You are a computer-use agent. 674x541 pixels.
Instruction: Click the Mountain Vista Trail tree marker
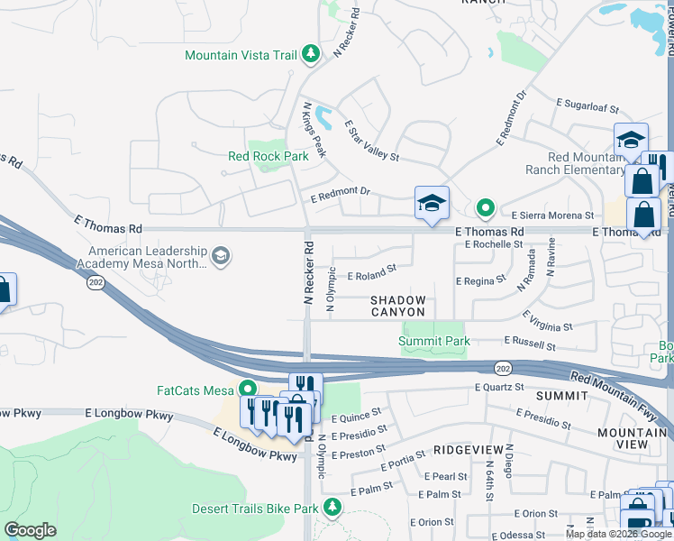coord(311,55)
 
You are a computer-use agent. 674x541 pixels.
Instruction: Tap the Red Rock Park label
coord(268,156)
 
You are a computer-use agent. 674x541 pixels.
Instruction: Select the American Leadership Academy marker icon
coord(221,259)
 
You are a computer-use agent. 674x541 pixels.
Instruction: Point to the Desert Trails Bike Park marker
coord(332,508)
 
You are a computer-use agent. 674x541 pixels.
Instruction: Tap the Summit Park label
coord(434,341)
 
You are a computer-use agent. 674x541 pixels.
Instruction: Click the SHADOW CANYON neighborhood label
coord(397,306)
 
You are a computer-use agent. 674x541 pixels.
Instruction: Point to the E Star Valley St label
coord(370,142)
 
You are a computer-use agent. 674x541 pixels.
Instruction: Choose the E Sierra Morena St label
coord(552,215)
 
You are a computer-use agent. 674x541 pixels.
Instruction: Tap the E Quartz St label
coord(499,388)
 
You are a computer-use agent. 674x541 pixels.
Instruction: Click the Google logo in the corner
coord(30,530)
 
